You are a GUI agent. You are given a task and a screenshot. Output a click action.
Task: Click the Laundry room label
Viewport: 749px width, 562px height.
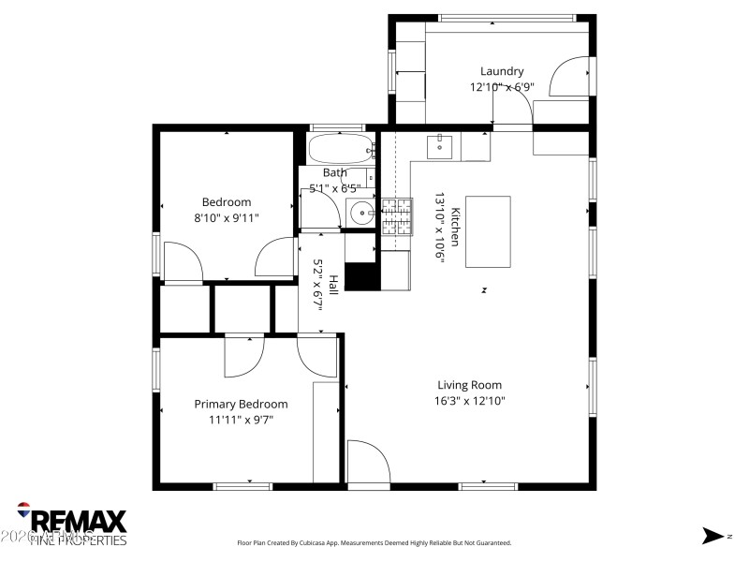[502, 71]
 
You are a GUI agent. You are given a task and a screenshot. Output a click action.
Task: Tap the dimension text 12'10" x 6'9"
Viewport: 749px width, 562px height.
[502, 87]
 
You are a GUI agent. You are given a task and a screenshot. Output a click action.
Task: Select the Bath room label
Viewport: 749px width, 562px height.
[334, 172]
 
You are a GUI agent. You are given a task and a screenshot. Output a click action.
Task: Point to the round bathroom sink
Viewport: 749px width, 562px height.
[360, 214]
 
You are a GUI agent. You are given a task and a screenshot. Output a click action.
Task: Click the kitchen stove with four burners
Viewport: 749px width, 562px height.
[396, 215]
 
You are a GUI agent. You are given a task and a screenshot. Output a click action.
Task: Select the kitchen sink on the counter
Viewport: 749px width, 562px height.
[440, 146]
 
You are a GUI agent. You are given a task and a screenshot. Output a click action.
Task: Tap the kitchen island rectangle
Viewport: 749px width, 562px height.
[488, 231]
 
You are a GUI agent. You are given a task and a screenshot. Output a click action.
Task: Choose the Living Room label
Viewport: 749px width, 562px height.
[469, 385]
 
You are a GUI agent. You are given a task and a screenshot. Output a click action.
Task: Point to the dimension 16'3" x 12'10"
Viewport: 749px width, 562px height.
[469, 401]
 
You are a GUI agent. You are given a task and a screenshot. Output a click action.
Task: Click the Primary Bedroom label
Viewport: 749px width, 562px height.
[241, 404]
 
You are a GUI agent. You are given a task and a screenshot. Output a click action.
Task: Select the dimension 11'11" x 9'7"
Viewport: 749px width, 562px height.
[241, 420]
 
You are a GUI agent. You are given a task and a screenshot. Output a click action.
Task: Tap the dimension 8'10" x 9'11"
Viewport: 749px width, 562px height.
[227, 217]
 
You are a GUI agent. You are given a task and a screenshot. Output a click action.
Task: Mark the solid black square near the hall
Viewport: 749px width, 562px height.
[362, 276]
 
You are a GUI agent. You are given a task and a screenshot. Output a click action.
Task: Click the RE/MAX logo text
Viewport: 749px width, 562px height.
[79, 521]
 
